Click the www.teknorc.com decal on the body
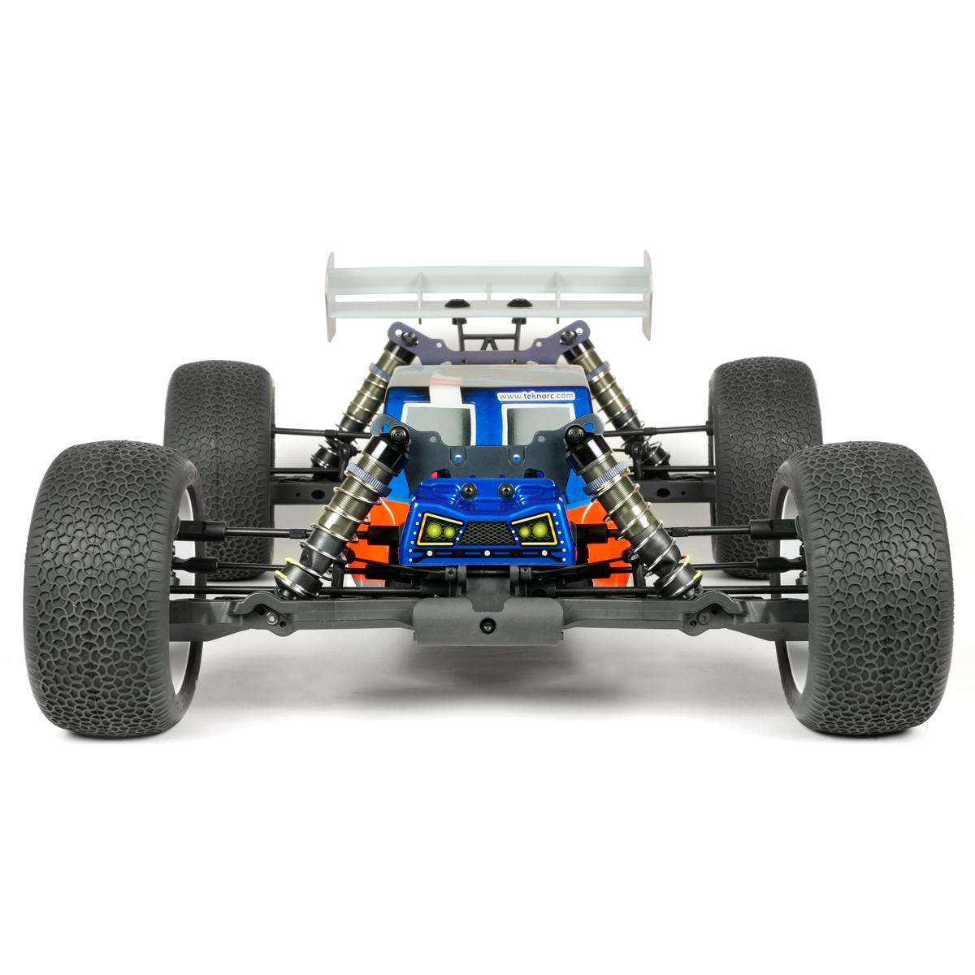535,396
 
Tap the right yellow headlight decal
533,531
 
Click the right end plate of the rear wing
647,294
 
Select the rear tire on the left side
219,414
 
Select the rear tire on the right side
764,414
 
